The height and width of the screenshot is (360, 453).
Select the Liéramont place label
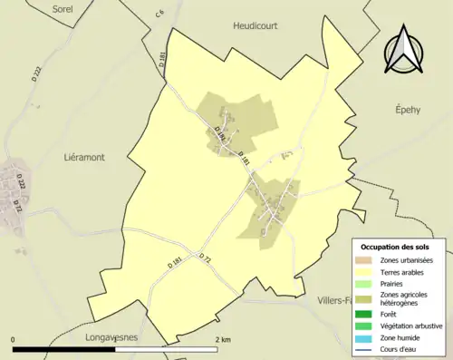tap(84, 157)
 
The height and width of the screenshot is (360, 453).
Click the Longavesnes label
tap(110, 336)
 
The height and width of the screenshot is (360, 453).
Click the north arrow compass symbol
tap(404, 51)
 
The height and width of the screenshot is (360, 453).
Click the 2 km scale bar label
tap(223, 339)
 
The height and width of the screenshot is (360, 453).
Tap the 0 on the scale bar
tap(14, 339)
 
